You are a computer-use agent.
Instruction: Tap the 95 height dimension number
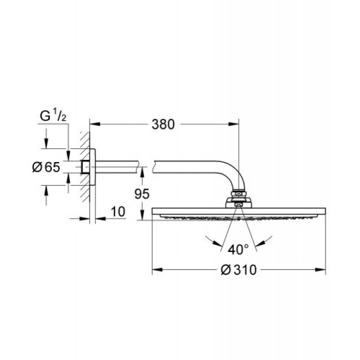pos(142,194)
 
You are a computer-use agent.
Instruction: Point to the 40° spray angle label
pos(239,249)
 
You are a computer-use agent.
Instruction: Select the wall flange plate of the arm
pos(93,167)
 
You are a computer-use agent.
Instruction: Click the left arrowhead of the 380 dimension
pos(94,124)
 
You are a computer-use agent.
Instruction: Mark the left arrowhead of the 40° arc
pos(208,238)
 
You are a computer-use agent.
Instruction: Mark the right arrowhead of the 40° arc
pos(269,238)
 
